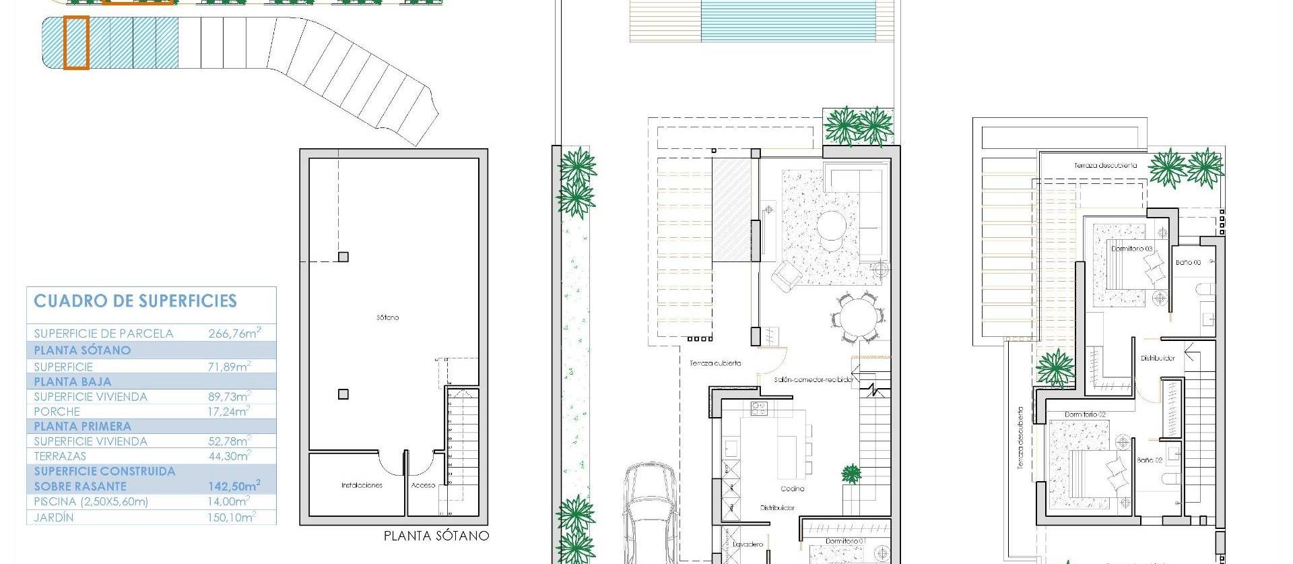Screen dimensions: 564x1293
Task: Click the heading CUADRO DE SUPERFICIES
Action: (x=135, y=301)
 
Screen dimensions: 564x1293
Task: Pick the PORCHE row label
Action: (x=57, y=412)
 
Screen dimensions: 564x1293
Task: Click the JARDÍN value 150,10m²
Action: (x=229, y=518)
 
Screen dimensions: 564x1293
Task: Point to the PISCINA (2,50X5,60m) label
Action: (x=91, y=502)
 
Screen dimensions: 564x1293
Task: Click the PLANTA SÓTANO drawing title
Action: (x=436, y=536)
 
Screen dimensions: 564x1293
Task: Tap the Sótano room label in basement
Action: (x=388, y=317)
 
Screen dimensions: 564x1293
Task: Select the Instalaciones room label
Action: (x=362, y=485)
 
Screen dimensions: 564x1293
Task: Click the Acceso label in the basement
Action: (x=423, y=485)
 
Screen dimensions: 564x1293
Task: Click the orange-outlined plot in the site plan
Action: (x=76, y=43)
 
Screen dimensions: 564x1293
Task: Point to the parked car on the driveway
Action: (x=650, y=512)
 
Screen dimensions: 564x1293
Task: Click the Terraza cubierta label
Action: (x=715, y=363)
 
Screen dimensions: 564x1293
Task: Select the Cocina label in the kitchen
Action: (x=793, y=489)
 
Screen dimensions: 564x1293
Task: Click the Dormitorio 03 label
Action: (x=1131, y=249)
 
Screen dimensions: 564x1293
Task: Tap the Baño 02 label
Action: (x=1150, y=460)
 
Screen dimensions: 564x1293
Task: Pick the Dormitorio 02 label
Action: (x=1085, y=414)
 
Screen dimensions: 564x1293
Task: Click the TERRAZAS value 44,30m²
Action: (x=229, y=456)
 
